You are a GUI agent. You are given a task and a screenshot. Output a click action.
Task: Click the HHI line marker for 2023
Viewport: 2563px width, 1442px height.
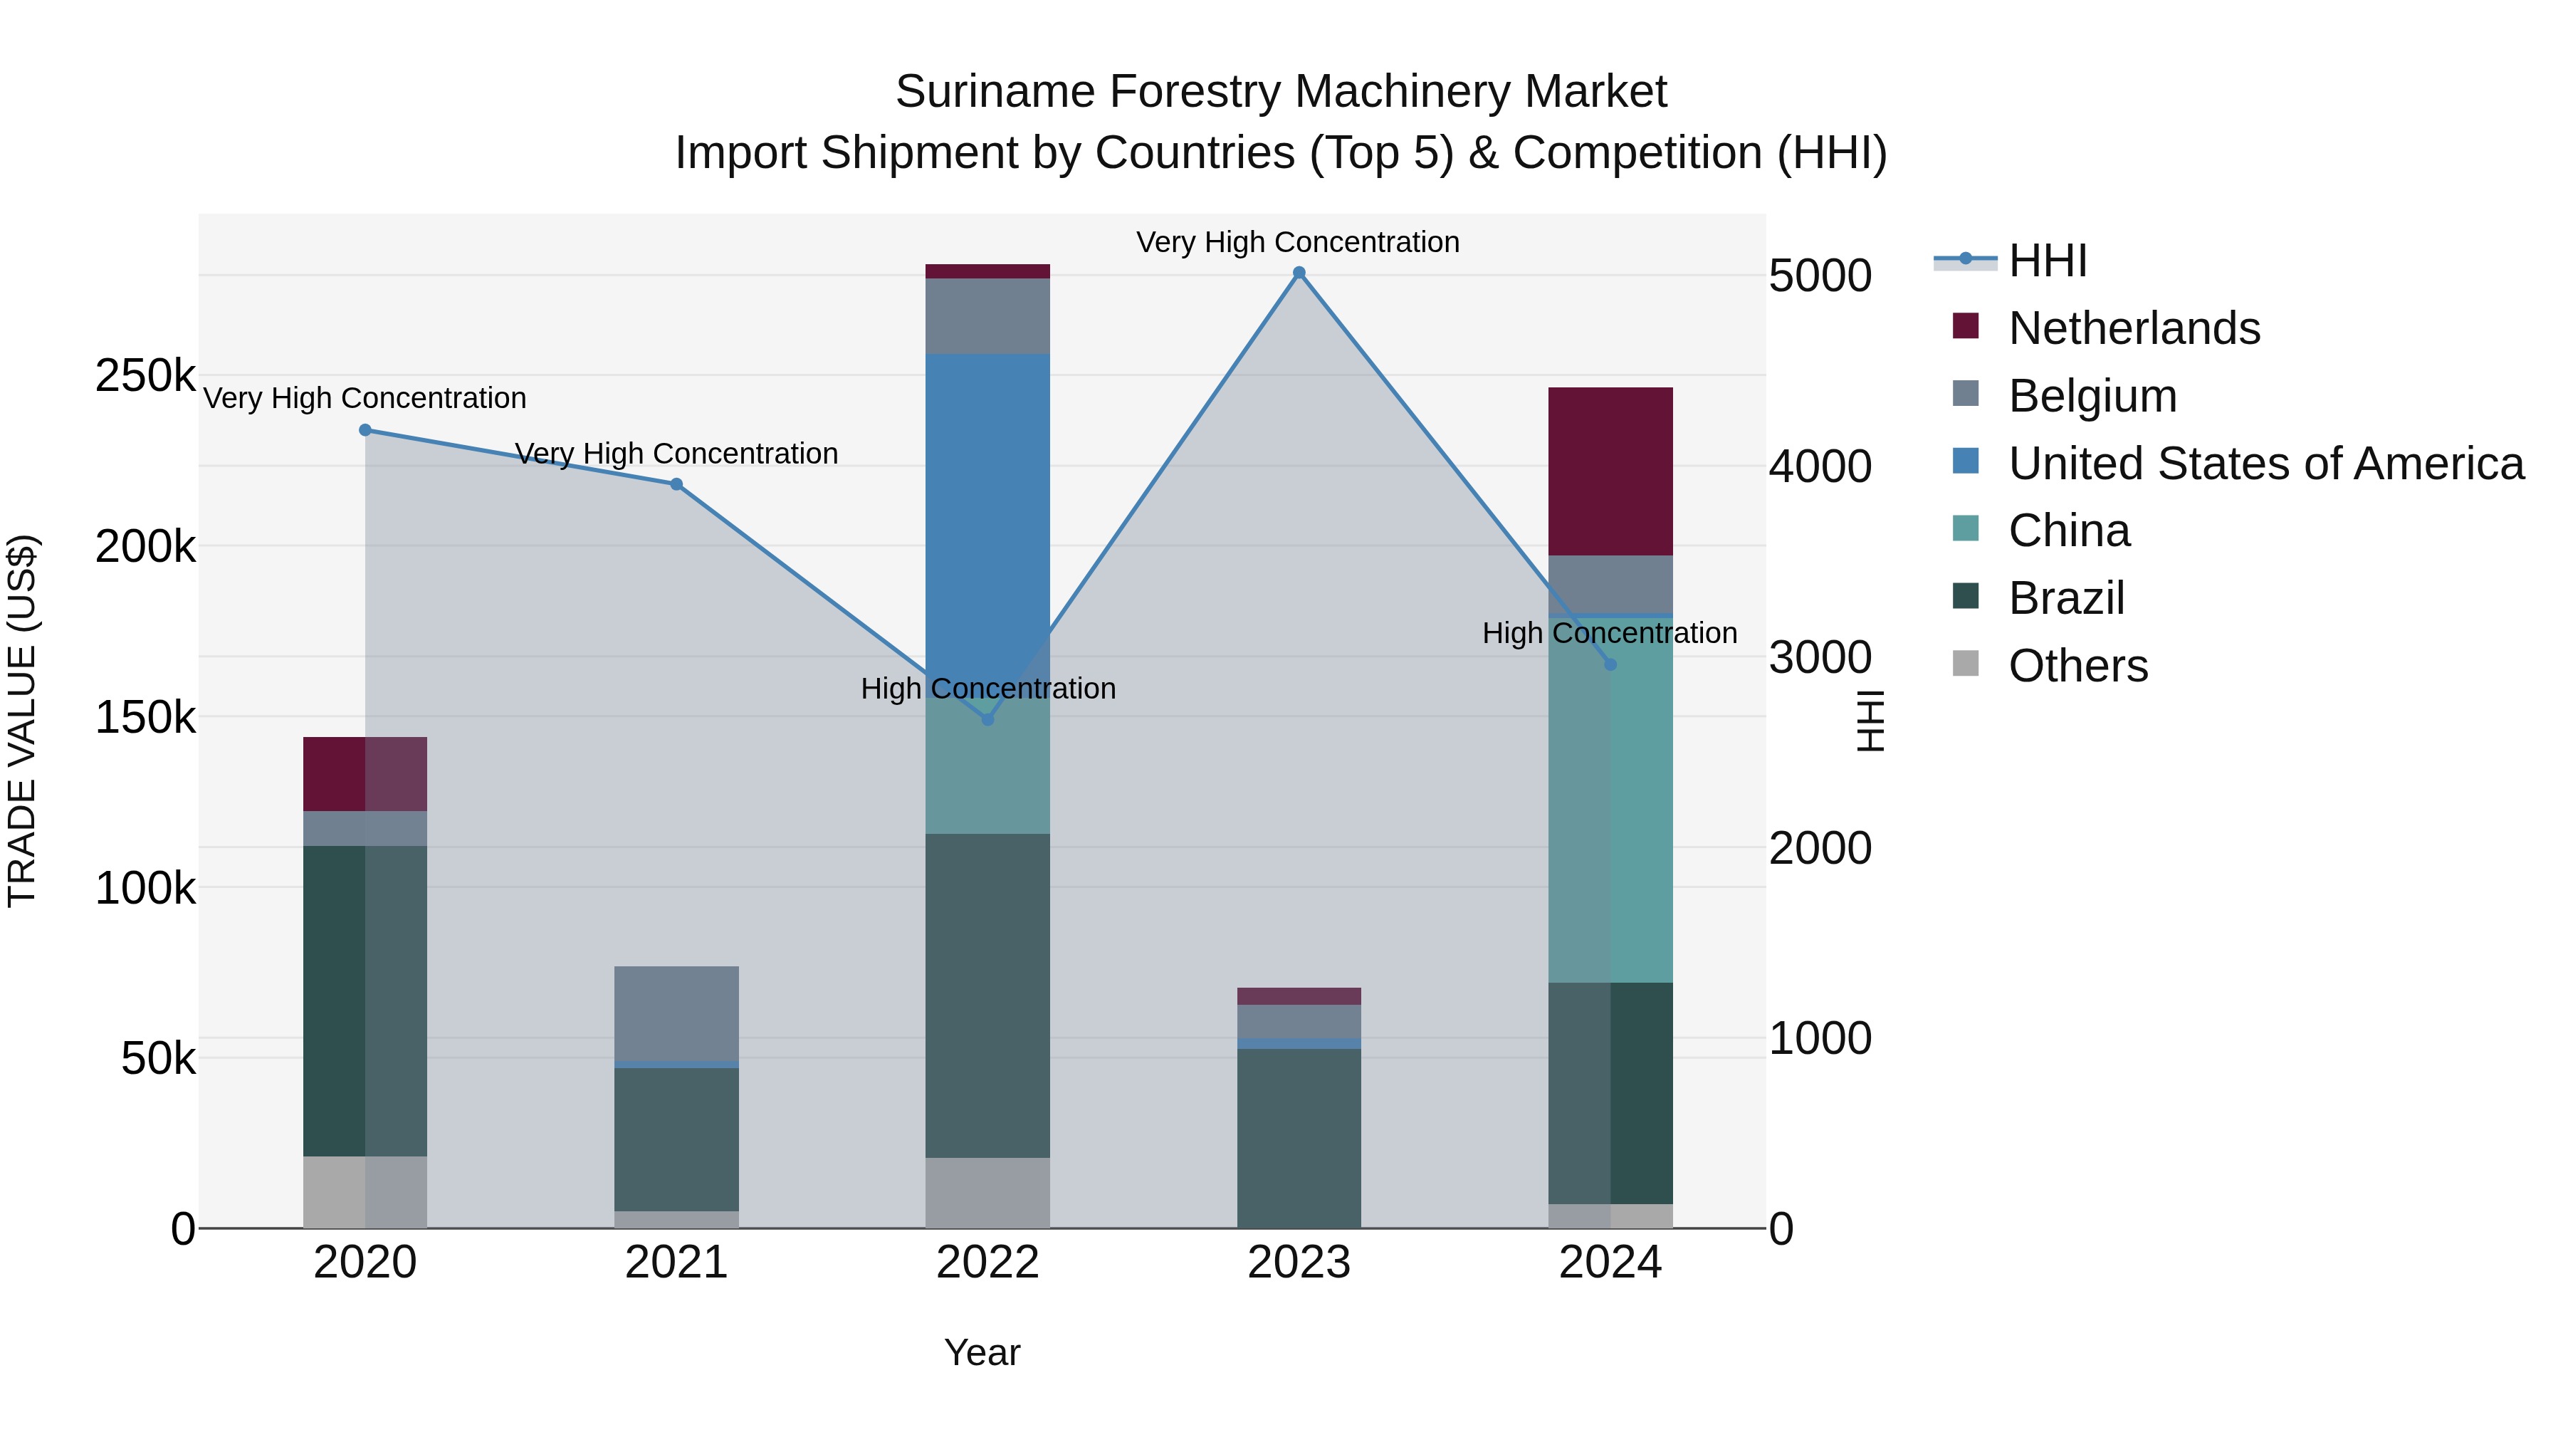[1299, 273]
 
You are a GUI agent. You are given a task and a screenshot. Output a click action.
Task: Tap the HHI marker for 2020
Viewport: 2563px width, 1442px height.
[365, 430]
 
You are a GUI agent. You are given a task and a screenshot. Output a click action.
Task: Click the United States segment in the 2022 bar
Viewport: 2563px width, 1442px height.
[987, 498]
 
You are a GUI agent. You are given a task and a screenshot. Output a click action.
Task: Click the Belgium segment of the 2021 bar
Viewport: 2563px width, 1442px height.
[676, 1013]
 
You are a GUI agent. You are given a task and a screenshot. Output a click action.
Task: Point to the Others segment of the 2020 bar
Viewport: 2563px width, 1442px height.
[365, 1191]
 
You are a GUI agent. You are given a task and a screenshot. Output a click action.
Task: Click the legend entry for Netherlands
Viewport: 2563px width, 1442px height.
[2133, 328]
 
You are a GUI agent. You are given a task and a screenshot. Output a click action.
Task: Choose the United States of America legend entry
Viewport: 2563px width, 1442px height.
[2265, 464]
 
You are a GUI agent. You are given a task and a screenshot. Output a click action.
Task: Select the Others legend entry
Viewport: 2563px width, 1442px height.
[2077, 666]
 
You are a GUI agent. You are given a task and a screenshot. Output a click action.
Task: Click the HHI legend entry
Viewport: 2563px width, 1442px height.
[2047, 261]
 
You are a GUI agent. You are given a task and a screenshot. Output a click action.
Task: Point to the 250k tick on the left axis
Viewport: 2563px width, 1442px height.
[145, 376]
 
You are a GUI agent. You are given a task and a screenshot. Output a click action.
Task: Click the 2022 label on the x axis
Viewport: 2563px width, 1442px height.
[987, 1263]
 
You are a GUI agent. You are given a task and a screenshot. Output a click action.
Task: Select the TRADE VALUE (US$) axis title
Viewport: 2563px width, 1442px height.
[22, 721]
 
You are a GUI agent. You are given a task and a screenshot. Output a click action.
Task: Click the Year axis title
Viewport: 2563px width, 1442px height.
[982, 1352]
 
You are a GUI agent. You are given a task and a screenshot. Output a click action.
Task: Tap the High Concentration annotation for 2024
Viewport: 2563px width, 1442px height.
[1609, 633]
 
